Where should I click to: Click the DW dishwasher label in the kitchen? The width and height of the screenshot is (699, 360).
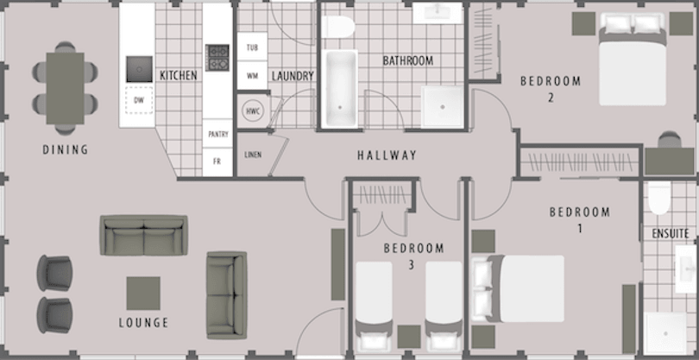point(139,101)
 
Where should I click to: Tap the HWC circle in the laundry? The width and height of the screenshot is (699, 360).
point(253,111)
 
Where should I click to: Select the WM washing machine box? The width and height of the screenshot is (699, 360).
point(252,75)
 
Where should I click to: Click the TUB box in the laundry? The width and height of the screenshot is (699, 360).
point(252,47)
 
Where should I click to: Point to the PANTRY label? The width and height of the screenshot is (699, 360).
point(218,135)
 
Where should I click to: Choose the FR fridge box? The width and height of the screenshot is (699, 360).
point(217,162)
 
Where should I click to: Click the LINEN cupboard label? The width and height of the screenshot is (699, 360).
point(253,155)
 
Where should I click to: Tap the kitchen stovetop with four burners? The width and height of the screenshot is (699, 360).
point(217,58)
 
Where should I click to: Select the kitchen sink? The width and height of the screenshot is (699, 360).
point(139,69)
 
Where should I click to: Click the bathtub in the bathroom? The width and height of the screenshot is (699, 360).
point(340,89)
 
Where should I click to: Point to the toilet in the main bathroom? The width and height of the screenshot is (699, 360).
point(338,28)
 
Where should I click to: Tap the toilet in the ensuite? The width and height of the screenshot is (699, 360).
point(659,198)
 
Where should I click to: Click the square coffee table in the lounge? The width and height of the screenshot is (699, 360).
point(143,293)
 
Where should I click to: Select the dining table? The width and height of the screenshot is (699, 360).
point(65,88)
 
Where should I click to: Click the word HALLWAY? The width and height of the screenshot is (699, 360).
point(387,155)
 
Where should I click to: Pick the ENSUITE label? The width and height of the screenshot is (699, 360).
point(670,233)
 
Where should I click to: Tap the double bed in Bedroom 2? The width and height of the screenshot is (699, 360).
point(633,59)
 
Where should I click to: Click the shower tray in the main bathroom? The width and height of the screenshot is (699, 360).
point(442,106)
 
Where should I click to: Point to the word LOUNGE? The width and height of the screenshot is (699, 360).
point(143,323)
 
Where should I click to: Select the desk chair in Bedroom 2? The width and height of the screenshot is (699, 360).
point(669,139)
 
